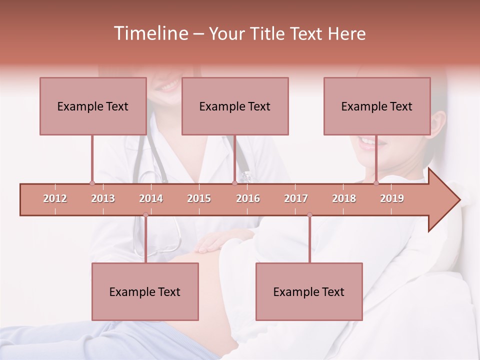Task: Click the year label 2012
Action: click(x=55, y=198)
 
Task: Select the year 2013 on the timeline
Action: click(x=103, y=198)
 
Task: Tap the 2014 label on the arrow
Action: click(x=151, y=198)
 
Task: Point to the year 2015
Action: click(x=199, y=198)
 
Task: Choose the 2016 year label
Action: click(x=248, y=198)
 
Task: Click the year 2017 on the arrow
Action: click(x=296, y=198)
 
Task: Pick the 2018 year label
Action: click(x=344, y=198)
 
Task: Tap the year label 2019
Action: click(x=392, y=198)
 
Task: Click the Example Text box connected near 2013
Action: click(x=93, y=106)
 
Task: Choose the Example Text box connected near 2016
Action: click(x=235, y=106)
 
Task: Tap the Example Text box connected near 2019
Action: click(x=377, y=106)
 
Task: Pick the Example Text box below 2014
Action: click(x=145, y=291)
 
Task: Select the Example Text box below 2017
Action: click(x=309, y=291)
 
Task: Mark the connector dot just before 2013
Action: click(x=92, y=183)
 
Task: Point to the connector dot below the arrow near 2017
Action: click(x=309, y=215)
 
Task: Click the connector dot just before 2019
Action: click(x=376, y=183)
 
